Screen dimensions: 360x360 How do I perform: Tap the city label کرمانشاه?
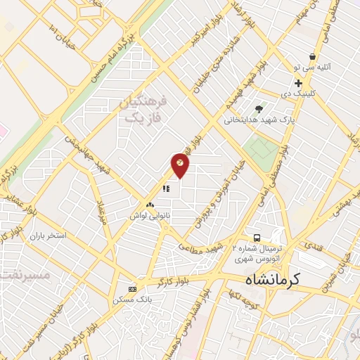pyautogui.click(x=273, y=279)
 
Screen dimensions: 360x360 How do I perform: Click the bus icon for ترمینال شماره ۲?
pyautogui.click(x=257, y=238)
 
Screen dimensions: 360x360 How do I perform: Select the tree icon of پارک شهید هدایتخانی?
pyautogui.click(x=259, y=109)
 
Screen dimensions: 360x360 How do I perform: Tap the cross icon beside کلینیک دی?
pyautogui.click(x=299, y=83)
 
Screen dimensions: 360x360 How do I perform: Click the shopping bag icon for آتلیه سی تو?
pyautogui.click(x=311, y=57)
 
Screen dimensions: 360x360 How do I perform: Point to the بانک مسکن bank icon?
pyautogui.click(x=132, y=289)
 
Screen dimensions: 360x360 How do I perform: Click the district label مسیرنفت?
pyautogui.click(x=28, y=275)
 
